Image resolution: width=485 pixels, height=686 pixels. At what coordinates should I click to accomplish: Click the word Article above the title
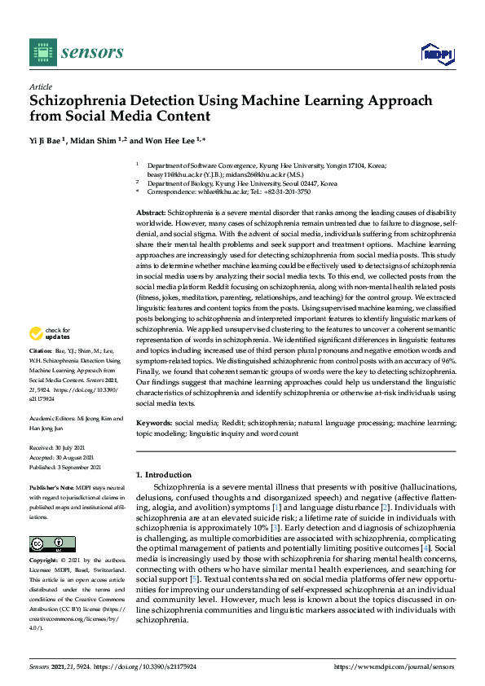pos(40,86)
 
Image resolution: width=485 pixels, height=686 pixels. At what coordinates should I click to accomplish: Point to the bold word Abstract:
pos(151,211)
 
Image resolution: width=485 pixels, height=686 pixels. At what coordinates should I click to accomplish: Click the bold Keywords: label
pos(154,424)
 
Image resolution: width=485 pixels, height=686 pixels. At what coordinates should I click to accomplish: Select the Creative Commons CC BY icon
pos(52,543)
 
